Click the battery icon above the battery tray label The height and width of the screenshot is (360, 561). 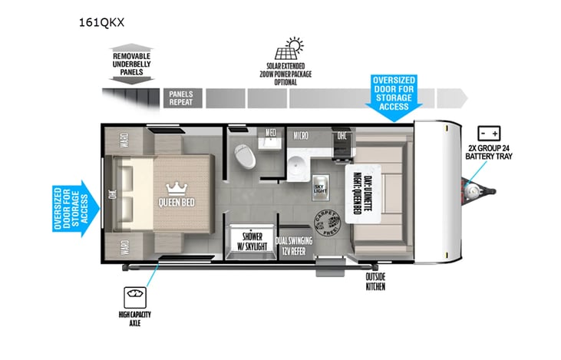489,131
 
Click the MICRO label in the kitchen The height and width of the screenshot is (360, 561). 301,136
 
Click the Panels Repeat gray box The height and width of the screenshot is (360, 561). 181,97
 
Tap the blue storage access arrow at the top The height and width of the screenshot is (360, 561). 394,97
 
